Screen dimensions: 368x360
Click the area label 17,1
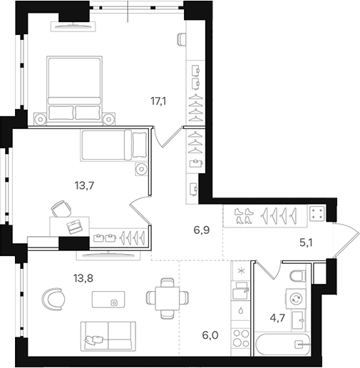tap(158, 101)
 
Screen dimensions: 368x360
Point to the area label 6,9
tap(202, 230)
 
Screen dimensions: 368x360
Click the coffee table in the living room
tap(114, 302)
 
